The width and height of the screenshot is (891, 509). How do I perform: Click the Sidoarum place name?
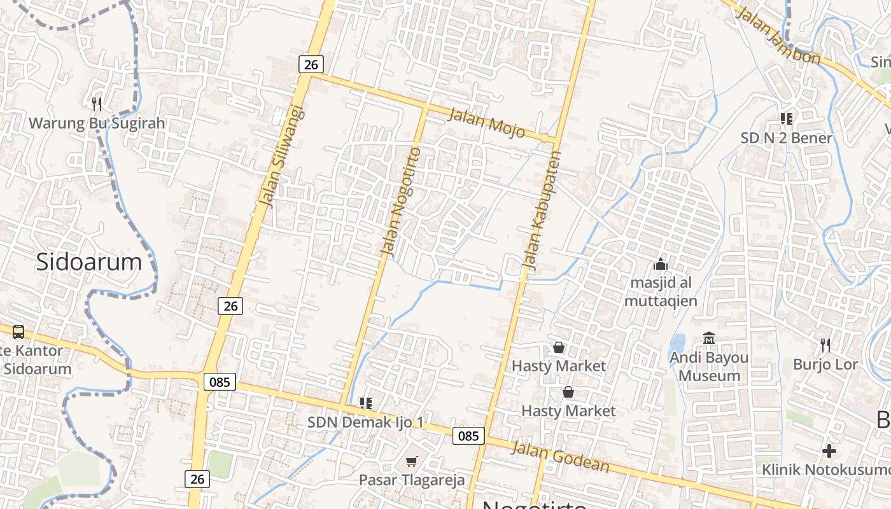pos(88,261)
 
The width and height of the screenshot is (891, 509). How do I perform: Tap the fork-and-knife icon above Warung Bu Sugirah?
pos(97,104)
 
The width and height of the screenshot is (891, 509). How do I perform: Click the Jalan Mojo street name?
pos(487,123)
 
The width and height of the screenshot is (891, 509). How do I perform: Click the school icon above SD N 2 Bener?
pos(786,119)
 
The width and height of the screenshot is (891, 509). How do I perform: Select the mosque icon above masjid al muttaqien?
pos(661,264)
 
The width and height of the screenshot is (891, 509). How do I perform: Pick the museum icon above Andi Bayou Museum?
pos(708,338)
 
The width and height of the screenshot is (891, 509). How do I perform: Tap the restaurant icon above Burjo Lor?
pos(825,345)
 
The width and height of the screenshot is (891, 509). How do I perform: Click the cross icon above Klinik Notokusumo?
pos(829,451)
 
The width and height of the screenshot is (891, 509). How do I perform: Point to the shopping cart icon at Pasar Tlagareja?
pos(412,461)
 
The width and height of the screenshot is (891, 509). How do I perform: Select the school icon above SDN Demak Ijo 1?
pos(365,403)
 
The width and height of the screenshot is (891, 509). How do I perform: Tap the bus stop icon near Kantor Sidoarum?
pos(18,331)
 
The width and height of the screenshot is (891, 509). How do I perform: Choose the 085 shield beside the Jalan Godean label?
pos(468,436)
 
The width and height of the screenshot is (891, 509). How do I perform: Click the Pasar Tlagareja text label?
pos(412,480)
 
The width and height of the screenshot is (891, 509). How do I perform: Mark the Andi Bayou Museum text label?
pos(708,366)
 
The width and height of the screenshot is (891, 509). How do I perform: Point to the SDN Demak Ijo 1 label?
pos(365,422)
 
